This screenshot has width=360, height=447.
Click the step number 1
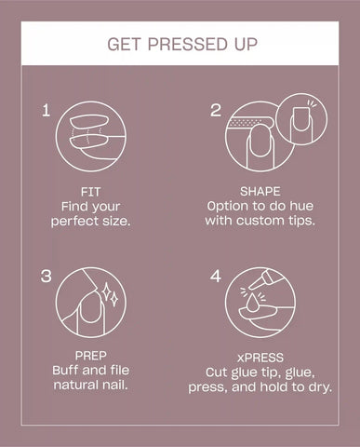tap(46, 110)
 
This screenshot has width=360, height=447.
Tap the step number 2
tap(216, 110)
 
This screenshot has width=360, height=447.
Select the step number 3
tap(47, 276)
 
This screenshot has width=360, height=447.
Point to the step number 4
tap(216, 276)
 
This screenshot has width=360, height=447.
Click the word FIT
tap(90, 192)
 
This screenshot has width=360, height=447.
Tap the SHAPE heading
tap(260, 191)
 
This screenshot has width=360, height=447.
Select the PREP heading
tap(90, 356)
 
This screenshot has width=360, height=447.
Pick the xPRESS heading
tap(260, 358)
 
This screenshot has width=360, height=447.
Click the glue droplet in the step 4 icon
tap(253, 302)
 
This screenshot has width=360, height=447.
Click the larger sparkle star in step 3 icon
tap(106, 292)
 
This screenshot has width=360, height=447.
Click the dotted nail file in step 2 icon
tap(249, 123)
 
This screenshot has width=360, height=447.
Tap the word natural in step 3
tap(73, 385)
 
